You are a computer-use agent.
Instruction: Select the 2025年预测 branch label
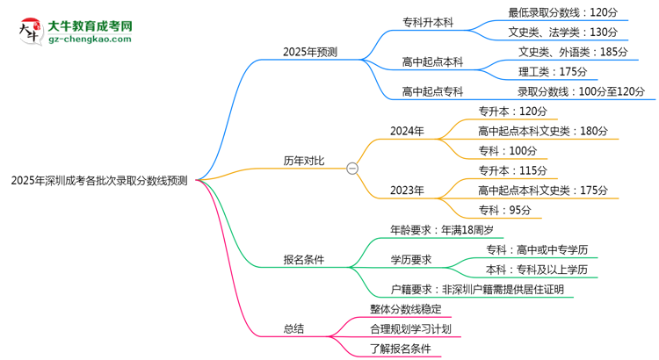click(310, 52)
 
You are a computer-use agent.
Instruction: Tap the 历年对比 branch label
click(303, 161)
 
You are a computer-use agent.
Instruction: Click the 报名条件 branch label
click(303, 260)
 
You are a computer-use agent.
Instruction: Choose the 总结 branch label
click(293, 328)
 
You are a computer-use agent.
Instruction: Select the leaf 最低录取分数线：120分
click(562, 12)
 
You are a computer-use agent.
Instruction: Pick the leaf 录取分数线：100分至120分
click(581, 91)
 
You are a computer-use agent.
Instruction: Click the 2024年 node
click(407, 131)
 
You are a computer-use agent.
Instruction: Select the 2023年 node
click(407, 190)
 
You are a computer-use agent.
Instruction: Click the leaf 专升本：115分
click(512, 170)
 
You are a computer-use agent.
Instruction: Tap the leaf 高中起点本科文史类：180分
click(542, 131)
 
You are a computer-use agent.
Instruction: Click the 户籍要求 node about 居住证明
click(477, 289)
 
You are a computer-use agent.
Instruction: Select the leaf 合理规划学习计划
click(410, 328)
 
